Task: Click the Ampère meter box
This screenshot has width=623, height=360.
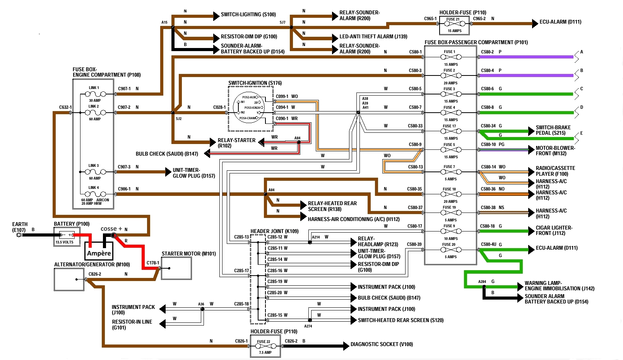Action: [99, 251]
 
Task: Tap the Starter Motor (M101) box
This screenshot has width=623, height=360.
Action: [176, 268]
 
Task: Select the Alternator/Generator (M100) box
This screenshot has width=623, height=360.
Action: [69, 279]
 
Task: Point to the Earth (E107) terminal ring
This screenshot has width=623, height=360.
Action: [19, 235]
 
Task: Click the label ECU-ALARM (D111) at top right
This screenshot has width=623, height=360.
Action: [560, 22]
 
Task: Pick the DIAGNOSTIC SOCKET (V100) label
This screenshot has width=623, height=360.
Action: [382, 344]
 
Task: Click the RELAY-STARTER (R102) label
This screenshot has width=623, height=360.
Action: [236, 143]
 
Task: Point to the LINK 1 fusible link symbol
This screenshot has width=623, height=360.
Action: [95, 94]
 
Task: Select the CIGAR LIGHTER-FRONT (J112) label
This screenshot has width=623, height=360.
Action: [554, 230]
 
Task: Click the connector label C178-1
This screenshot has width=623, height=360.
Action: [152, 263]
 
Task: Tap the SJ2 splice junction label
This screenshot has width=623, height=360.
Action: [178, 119]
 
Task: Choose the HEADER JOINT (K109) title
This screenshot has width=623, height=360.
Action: [274, 231]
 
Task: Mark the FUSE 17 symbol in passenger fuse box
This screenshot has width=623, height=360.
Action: [451, 132]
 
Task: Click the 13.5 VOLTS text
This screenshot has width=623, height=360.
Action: [64, 242]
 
